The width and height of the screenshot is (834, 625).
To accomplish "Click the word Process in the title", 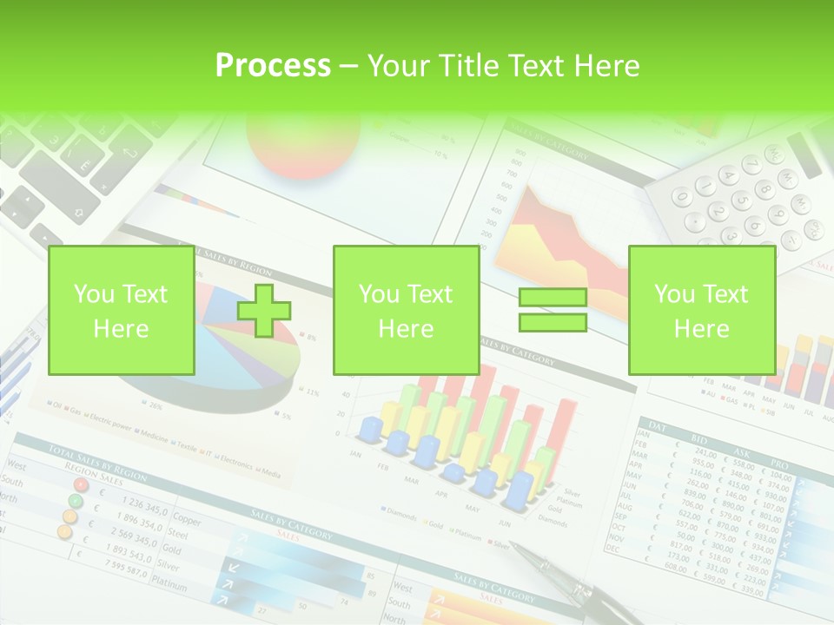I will (x=273, y=66).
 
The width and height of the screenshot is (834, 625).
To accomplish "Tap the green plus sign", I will (x=264, y=311).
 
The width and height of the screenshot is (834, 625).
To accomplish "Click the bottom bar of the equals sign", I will (x=553, y=323).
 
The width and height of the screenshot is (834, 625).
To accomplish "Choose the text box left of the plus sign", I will (x=122, y=311).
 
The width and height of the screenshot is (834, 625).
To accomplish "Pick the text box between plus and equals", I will (x=406, y=311).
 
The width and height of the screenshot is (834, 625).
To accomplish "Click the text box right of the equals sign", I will (x=701, y=311).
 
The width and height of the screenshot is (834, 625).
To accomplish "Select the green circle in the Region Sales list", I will (x=76, y=501).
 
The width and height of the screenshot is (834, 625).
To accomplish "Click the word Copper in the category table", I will (x=187, y=520).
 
